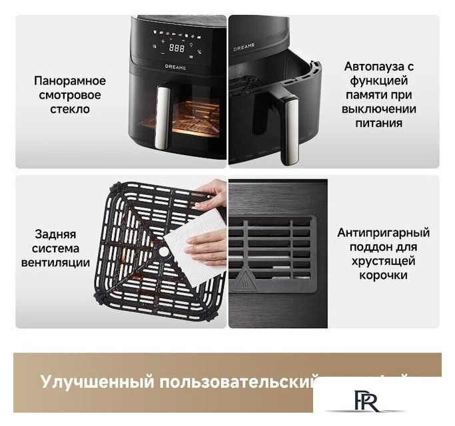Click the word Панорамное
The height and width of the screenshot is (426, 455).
69,81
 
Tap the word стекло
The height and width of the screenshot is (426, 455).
69,108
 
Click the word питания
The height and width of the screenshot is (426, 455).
379,123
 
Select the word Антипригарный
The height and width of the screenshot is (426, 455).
383,232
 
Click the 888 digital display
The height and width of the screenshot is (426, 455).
177,48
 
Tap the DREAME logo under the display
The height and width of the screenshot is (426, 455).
176,67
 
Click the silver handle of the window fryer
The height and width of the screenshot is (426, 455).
162,118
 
